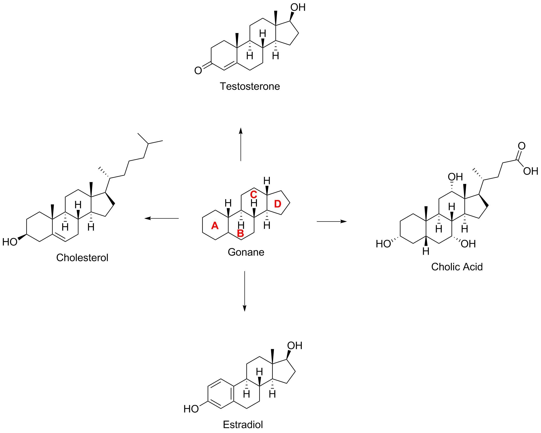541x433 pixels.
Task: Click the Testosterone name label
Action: click(250, 87)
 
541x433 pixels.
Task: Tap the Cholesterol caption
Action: click(82, 258)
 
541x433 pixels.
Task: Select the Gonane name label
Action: click(246, 252)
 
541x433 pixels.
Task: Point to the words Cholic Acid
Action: click(457, 267)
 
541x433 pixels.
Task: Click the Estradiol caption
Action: click(243, 425)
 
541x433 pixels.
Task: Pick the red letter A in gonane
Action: click(215, 226)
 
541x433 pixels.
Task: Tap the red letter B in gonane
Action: click(240, 234)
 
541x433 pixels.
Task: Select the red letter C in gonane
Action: click(253, 194)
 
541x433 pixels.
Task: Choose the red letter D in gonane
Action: click(278, 204)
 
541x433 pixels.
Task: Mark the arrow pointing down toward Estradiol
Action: click(245, 291)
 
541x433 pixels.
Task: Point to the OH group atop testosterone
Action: click(298, 7)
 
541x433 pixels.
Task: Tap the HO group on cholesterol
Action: click(9, 242)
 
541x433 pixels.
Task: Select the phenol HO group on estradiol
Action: click(191, 409)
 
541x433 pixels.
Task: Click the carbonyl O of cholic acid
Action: click(521, 146)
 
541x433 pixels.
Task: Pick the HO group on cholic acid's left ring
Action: click(383, 244)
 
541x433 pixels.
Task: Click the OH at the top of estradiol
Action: click(295, 346)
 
